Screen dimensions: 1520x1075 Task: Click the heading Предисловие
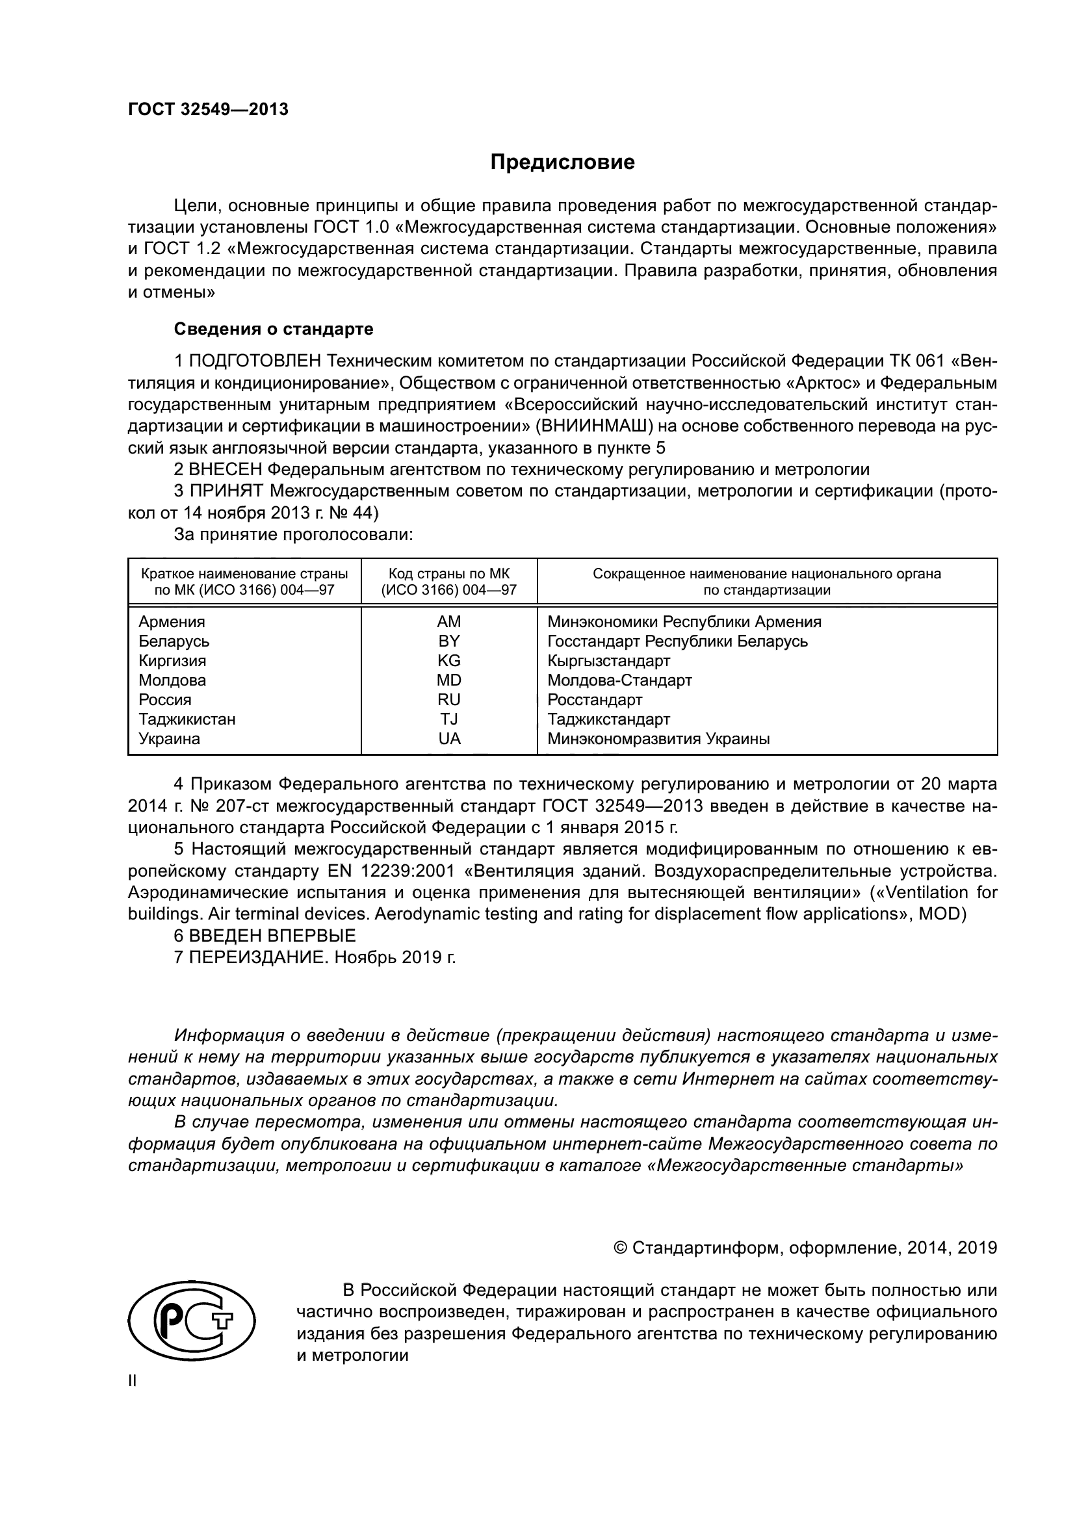pyautogui.click(x=563, y=162)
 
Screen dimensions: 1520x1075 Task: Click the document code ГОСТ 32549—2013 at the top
pyautogui.click(x=208, y=110)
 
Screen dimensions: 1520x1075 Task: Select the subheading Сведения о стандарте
pyautogui.click(x=274, y=329)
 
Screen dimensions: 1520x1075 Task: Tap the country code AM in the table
pyautogui.click(x=449, y=622)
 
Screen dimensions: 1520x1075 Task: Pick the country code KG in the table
pyautogui.click(x=449, y=661)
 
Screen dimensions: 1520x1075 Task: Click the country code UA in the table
pyautogui.click(x=449, y=739)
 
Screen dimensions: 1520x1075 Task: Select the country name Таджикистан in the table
pyautogui.click(x=187, y=719)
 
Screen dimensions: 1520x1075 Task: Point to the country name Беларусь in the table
pyautogui.click(x=174, y=641)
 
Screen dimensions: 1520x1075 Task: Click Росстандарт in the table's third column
pyautogui.click(x=595, y=700)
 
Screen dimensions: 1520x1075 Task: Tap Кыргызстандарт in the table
pyautogui.click(x=608, y=661)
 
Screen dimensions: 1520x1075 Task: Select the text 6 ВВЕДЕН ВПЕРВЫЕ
pyautogui.click(x=265, y=935)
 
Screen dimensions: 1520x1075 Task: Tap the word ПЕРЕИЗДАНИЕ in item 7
pyautogui.click(x=258, y=957)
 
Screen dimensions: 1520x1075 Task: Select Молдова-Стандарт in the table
pyautogui.click(x=619, y=680)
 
